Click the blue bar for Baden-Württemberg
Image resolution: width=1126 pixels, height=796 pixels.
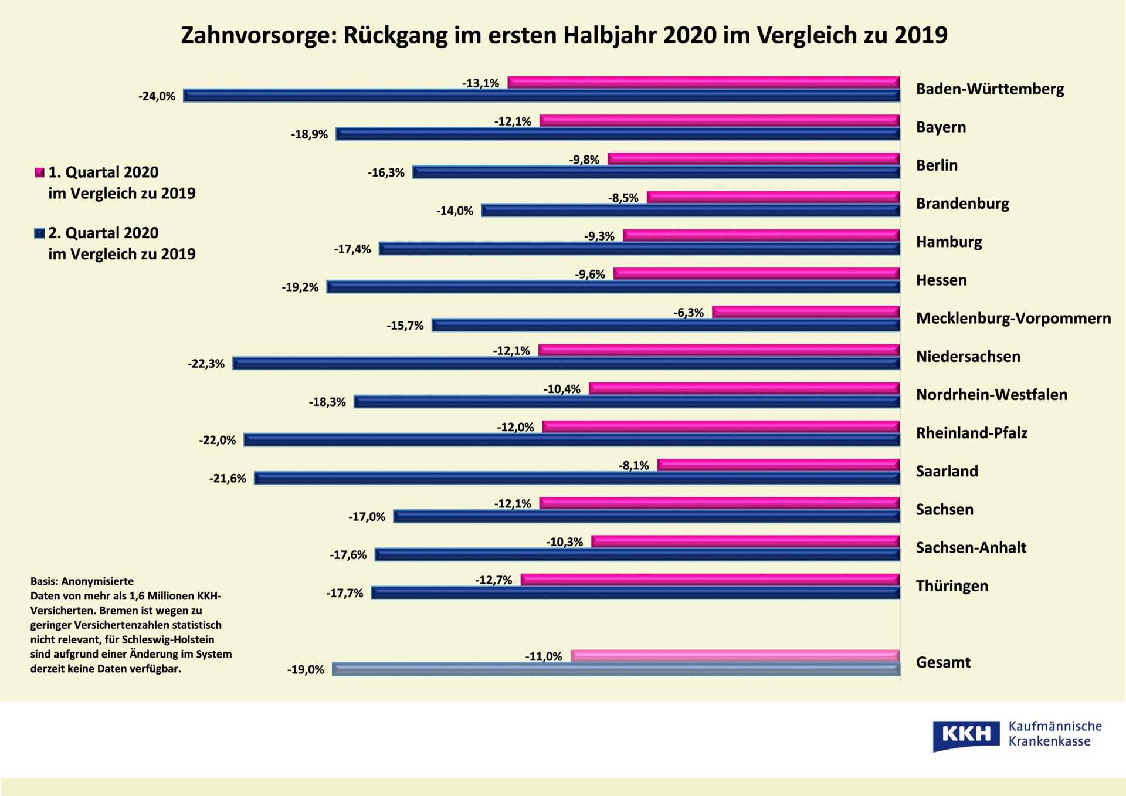[541, 96]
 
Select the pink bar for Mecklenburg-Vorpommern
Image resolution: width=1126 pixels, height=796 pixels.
[806, 312]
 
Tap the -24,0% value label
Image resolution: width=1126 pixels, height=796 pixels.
[157, 96]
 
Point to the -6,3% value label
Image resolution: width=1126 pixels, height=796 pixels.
[689, 313]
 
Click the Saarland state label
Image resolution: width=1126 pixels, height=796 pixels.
[947, 471]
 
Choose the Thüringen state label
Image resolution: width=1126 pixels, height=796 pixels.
[952, 586]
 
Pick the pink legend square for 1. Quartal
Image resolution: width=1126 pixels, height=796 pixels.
[39, 172]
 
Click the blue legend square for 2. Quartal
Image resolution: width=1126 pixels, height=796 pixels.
[39, 233]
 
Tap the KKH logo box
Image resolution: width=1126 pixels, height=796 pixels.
[966, 734]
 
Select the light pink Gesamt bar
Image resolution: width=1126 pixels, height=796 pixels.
[735, 656]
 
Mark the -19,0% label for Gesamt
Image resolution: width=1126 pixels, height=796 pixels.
[306, 670]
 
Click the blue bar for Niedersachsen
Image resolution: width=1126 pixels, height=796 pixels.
[566, 364]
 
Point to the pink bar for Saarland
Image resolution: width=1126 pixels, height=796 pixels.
[778, 465]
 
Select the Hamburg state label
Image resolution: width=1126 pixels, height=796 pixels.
[949, 242]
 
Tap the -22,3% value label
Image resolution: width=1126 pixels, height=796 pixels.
[206, 364]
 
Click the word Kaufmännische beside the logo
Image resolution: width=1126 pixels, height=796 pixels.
[1055, 726]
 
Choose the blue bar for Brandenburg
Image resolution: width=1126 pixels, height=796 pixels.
[690, 211]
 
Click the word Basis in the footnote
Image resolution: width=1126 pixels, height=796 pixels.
[44, 581]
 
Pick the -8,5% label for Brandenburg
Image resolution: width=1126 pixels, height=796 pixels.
[623, 198]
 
